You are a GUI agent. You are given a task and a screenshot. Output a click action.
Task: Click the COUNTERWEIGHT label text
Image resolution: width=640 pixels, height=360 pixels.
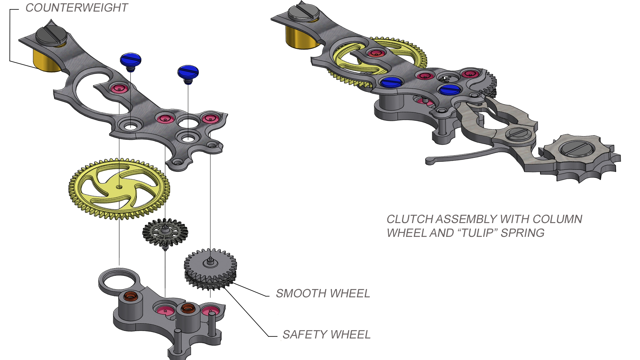click(x=76, y=8)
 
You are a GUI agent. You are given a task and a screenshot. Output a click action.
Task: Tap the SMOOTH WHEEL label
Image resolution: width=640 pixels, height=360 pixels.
click(x=323, y=293)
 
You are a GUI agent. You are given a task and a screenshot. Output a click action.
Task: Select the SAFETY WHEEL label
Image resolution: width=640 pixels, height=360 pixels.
click(x=326, y=335)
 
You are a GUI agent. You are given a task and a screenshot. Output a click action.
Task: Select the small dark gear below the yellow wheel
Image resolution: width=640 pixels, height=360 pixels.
click(x=165, y=232)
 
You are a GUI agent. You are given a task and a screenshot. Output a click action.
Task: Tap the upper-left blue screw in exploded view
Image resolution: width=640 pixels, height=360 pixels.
click(x=131, y=60)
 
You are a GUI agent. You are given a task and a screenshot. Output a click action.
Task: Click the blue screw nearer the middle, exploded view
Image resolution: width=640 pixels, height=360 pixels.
click(x=188, y=72)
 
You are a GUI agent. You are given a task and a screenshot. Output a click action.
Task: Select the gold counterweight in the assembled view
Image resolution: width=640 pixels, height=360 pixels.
click(x=301, y=39)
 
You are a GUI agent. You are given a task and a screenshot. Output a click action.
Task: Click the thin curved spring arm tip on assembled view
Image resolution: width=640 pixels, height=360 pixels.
click(x=429, y=161)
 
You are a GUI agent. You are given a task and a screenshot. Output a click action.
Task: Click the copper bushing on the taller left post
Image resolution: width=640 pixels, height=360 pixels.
click(x=130, y=296)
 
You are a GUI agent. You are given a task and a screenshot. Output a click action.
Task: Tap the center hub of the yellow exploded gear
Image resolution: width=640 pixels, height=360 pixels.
click(x=119, y=187)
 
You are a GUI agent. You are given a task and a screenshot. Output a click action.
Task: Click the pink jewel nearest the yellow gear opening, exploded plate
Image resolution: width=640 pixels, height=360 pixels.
click(x=119, y=88)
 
